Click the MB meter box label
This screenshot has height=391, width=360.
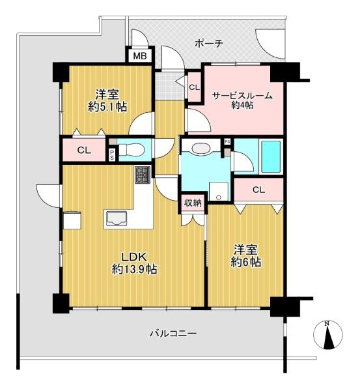coord(140,56)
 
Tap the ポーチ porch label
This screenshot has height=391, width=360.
coord(208,44)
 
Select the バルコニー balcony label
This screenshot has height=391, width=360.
coord(173,333)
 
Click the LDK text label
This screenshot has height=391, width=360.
coord(134,257)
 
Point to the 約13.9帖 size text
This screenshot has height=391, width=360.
coord(135,269)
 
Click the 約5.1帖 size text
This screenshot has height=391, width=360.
coord(107,107)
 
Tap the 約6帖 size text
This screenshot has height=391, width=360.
coord(246,262)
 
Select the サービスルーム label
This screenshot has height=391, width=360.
coord(242,96)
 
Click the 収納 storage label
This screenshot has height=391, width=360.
coord(193,203)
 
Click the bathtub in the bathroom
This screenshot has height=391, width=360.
coord(270,156)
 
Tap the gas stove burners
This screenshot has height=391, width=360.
coord(143,175)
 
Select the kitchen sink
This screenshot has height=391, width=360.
coord(117,219)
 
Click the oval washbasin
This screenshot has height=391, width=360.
coord(201,148)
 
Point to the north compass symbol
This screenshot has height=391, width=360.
coord(328,334)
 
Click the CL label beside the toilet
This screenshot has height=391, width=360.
coord(84,151)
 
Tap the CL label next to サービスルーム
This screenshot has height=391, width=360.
coord(195,87)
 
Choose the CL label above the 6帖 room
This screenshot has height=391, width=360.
coord(258,190)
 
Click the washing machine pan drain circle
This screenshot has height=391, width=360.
coord(219,197)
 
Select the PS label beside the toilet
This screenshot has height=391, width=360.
coord(112,154)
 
